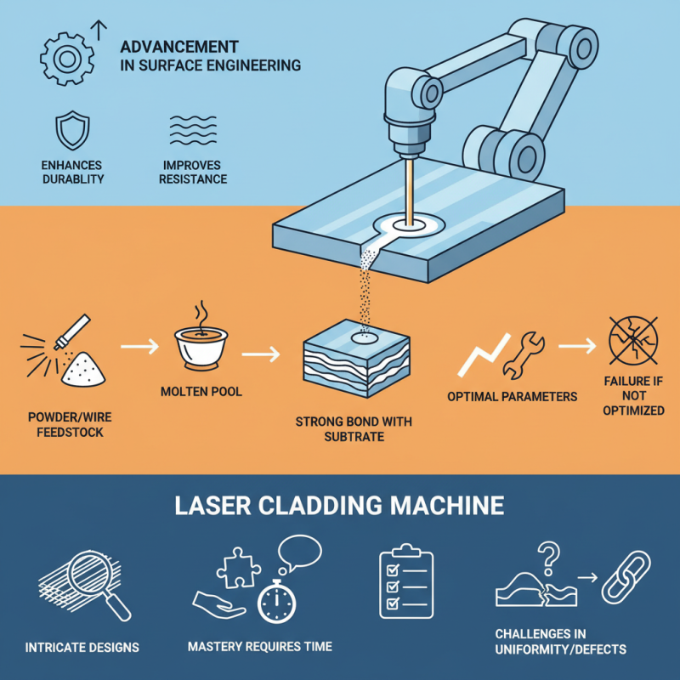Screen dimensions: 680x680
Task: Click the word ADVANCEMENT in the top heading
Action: [x=180, y=47]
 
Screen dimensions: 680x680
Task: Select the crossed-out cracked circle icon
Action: [x=633, y=340]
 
